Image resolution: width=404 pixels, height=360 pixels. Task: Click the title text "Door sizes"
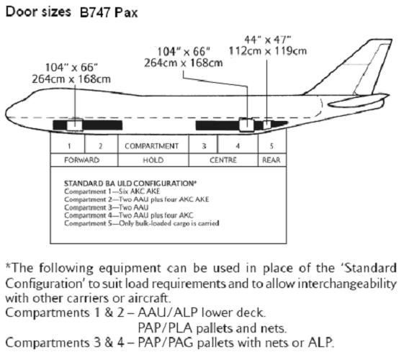(38, 12)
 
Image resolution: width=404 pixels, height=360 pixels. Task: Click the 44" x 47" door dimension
(267, 40)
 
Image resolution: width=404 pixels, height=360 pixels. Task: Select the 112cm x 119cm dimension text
(268, 51)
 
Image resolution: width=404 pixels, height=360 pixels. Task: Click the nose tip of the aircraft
(6, 113)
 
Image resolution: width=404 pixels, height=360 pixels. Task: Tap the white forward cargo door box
(75, 125)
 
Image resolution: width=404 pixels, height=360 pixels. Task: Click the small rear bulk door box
(267, 125)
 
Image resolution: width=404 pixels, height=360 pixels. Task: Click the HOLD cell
(153, 160)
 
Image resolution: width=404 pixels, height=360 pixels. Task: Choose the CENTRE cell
(223, 160)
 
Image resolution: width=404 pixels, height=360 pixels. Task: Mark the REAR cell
(272, 160)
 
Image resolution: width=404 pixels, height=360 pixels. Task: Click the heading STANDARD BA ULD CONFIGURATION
(130, 184)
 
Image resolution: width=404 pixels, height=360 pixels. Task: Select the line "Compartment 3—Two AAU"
(107, 207)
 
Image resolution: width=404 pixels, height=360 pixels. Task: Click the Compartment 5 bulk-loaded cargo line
(142, 223)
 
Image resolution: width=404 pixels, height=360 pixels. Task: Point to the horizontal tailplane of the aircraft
(358, 101)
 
